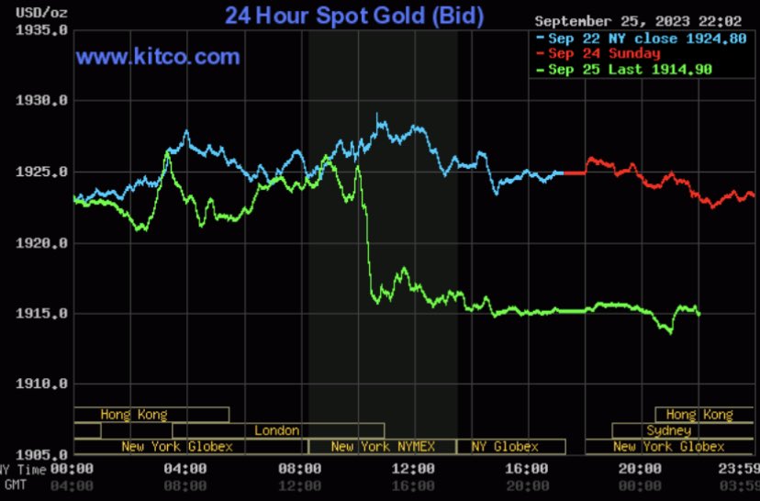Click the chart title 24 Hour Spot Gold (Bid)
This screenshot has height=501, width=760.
354,16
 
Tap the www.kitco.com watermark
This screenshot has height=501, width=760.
158,57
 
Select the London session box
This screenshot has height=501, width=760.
277,430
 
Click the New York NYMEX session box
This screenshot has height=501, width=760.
381,447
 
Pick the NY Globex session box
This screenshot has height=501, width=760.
505,447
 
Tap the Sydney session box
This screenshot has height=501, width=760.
668,430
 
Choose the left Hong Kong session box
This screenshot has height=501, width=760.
134,415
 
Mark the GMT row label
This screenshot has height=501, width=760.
15,484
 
